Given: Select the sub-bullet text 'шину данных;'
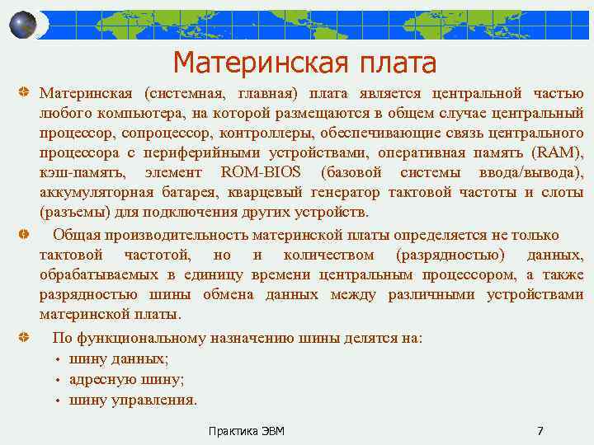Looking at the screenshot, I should (119, 358).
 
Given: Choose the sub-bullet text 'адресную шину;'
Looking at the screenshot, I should (127, 379).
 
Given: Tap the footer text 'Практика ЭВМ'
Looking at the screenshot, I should (247, 431).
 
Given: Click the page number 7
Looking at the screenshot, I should (540, 431).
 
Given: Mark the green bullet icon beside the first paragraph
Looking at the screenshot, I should (25, 94).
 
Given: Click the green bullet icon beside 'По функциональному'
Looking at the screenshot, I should (25, 338).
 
